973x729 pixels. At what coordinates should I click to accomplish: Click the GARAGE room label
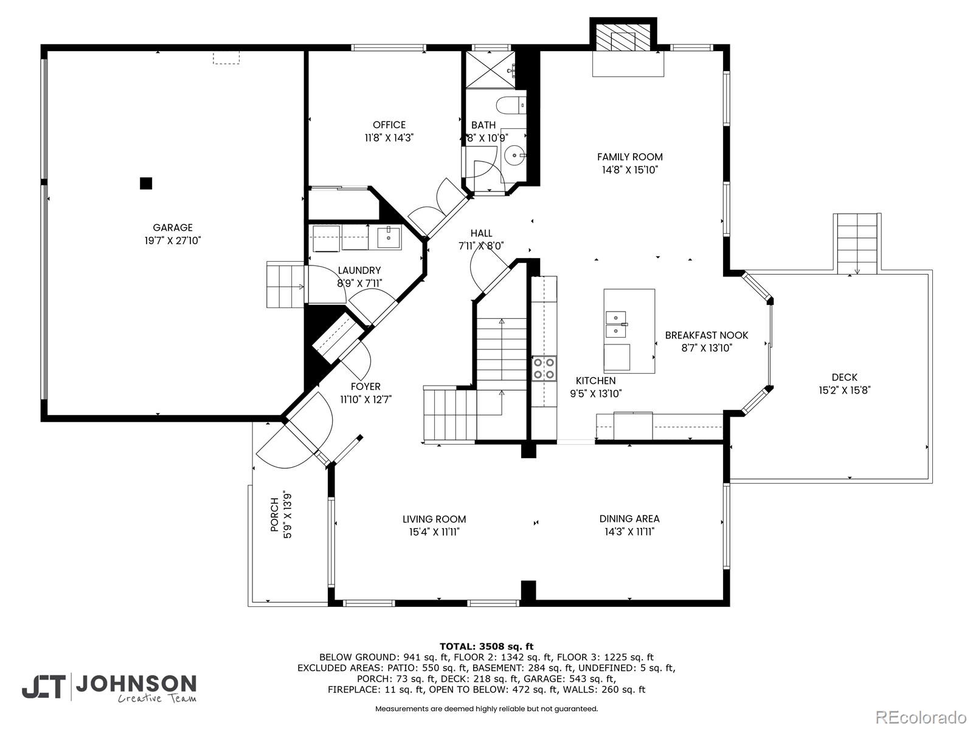pyautogui.click(x=173, y=227)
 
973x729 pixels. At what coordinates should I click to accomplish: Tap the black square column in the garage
pyautogui.click(x=146, y=183)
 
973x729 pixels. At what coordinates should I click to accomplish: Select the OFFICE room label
pyautogui.click(x=389, y=125)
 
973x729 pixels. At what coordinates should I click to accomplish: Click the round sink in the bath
pyautogui.click(x=514, y=156)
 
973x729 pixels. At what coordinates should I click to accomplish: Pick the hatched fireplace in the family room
pyautogui.click(x=623, y=38)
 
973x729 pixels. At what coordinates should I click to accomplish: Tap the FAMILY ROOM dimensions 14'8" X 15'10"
pyautogui.click(x=629, y=169)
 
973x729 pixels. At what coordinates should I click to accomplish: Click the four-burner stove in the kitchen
pyautogui.click(x=544, y=368)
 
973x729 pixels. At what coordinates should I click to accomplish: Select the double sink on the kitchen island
pyautogui.click(x=616, y=324)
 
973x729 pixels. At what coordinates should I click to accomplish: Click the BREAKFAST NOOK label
pyautogui.click(x=706, y=335)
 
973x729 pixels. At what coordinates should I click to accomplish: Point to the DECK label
pyautogui.click(x=844, y=377)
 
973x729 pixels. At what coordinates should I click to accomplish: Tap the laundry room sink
pyautogui.click(x=389, y=238)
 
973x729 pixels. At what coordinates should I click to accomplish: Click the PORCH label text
pyautogui.click(x=275, y=515)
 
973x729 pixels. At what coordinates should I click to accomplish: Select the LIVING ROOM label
pyautogui.click(x=434, y=519)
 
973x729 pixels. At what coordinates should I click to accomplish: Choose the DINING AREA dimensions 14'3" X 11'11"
pyautogui.click(x=629, y=532)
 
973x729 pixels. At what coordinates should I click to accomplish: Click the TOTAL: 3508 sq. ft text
pyautogui.click(x=486, y=646)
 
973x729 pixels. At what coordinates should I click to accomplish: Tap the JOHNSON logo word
pyautogui.click(x=136, y=684)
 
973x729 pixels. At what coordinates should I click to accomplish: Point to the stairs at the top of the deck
pyautogui.click(x=857, y=244)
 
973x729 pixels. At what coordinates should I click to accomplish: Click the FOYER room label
pyautogui.click(x=365, y=386)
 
